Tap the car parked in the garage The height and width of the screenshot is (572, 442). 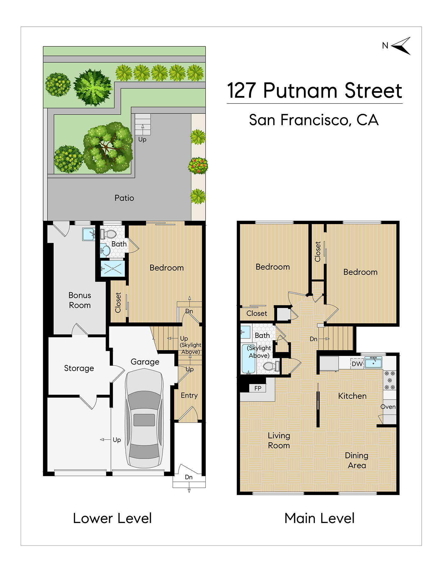coord(144,419)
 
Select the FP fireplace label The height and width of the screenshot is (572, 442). coord(258,388)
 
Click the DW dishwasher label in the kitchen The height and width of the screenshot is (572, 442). coord(357,364)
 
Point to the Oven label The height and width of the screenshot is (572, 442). coord(388,407)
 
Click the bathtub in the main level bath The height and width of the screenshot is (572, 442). coord(248,359)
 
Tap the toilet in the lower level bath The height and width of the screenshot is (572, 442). coord(108,234)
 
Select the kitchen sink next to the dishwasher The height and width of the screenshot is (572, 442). coord(373,362)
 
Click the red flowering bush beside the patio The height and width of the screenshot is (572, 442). coord(198,166)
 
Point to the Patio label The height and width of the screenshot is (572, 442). coord(124,198)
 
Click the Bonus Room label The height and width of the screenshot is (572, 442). coord(80,300)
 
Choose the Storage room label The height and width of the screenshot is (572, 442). coord(79,368)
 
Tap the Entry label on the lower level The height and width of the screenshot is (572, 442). coord(189,395)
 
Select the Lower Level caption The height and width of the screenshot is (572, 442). coord(112,518)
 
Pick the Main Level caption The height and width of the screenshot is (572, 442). coord(319,518)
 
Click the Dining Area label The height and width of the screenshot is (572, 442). coord(357,460)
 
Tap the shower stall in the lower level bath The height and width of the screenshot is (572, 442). coord(113,269)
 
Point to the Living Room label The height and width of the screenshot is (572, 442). coord(279,440)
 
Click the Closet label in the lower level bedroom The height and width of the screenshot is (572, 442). coord(118,303)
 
